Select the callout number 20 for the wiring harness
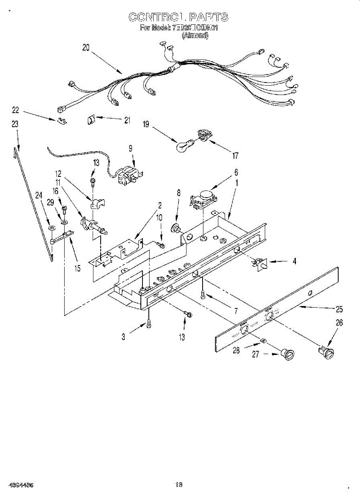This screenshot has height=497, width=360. (86, 48)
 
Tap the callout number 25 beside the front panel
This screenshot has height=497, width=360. (339, 309)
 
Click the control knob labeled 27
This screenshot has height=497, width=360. (287, 354)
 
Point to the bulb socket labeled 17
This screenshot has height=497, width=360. (203, 135)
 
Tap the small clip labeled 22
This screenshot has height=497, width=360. (61, 121)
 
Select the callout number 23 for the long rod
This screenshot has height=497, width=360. (15, 124)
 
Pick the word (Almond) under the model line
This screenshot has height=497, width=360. (195, 36)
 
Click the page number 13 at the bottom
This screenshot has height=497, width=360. (179, 484)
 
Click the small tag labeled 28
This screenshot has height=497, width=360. (263, 341)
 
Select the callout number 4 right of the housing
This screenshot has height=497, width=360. (294, 261)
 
